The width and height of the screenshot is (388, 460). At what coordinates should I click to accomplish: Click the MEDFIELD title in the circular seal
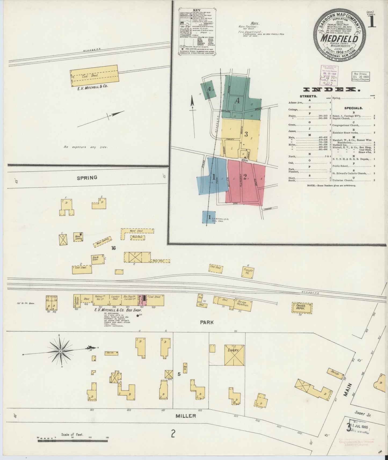click(340, 39)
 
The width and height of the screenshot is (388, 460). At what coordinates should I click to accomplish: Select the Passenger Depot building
click(302, 308)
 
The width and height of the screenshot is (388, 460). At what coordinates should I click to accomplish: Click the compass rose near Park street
click(61, 351)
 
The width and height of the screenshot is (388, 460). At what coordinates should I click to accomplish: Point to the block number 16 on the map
click(114, 248)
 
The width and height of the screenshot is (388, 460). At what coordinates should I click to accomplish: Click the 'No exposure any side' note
click(85, 147)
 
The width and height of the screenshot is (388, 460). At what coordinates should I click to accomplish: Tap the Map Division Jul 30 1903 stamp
click(360, 76)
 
